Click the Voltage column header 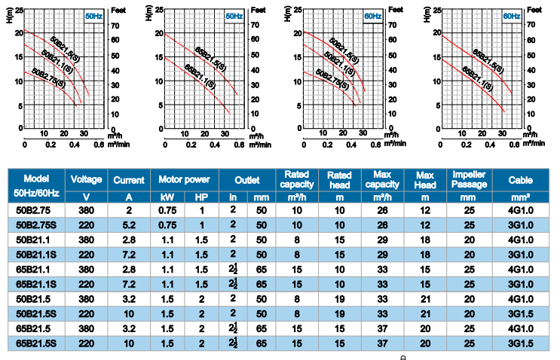86,180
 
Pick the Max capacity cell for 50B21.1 382,239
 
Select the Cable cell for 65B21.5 520,329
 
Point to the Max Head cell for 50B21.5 426,299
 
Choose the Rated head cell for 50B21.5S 339,314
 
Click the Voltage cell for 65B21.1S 86,285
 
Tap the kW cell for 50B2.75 167,210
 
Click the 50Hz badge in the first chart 94,15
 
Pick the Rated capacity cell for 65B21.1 297,270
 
